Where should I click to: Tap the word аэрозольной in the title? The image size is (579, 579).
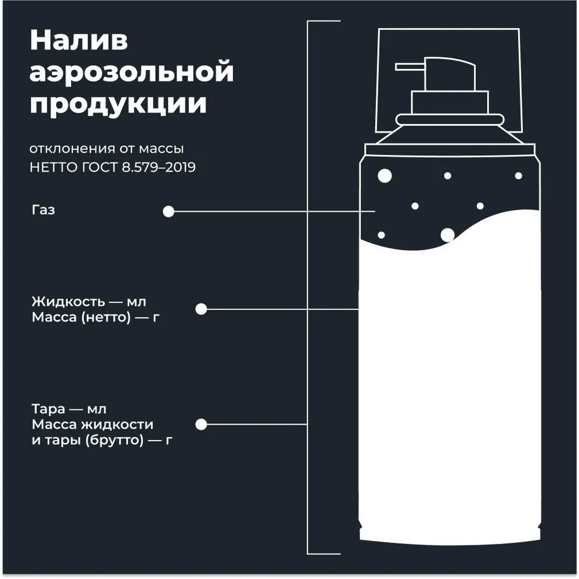pyautogui.click(x=131, y=72)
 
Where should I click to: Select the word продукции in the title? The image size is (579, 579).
pyautogui.click(x=118, y=104)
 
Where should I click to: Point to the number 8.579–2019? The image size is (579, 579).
pyautogui.click(x=159, y=167)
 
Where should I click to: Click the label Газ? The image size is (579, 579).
pyautogui.click(x=43, y=210)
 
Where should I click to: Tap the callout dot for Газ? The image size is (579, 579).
pyautogui.click(x=168, y=211)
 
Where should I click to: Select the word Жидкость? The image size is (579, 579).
pyautogui.click(x=68, y=302)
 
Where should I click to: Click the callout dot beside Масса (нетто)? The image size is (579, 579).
pyautogui.click(x=201, y=309)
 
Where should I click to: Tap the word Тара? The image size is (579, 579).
pyautogui.click(x=49, y=409)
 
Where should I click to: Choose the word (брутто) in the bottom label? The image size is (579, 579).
pyautogui.click(x=115, y=440)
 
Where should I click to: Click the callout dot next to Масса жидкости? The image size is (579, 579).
pyautogui.click(x=201, y=424)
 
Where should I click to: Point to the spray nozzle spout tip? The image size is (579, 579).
pyautogui.click(x=396, y=67)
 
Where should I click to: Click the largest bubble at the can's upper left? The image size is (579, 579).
pyautogui.click(x=385, y=176)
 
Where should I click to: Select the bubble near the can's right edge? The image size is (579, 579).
pyautogui.click(x=518, y=176)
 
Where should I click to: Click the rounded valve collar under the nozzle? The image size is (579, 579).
pyautogui.click(x=449, y=120)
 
